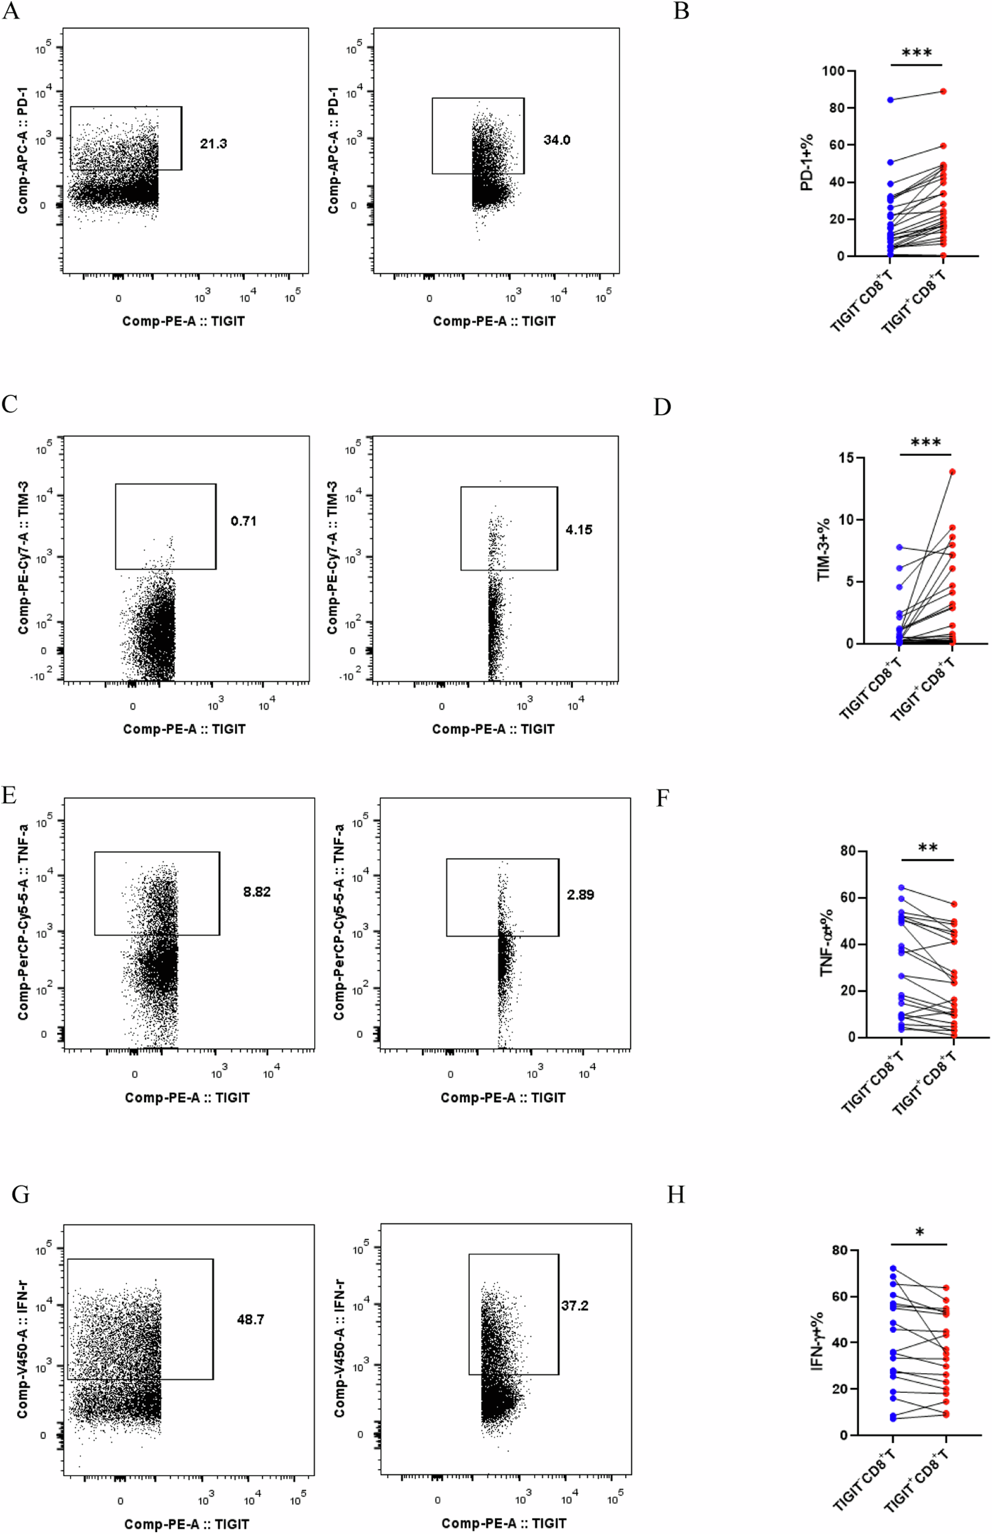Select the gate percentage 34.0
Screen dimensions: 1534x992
click(x=556, y=141)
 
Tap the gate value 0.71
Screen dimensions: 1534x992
click(x=244, y=521)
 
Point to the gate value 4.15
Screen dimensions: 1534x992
click(x=579, y=530)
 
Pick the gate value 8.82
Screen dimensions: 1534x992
click(x=256, y=892)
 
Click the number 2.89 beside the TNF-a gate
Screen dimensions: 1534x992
click(x=580, y=894)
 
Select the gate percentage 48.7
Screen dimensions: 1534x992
click(x=250, y=1319)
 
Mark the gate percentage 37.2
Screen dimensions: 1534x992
click(x=574, y=1305)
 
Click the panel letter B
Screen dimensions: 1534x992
click(x=681, y=11)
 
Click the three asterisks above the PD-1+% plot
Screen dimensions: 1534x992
click(x=916, y=53)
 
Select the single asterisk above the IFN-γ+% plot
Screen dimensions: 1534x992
click(x=919, y=1233)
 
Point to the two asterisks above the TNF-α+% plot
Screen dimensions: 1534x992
click(x=927, y=849)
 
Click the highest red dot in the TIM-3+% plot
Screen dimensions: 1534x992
click(x=952, y=472)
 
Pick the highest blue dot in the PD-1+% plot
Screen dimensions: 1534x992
click(x=890, y=100)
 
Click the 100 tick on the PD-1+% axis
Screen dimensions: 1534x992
click(x=834, y=71)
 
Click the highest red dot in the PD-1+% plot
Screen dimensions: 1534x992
click(x=943, y=91)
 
